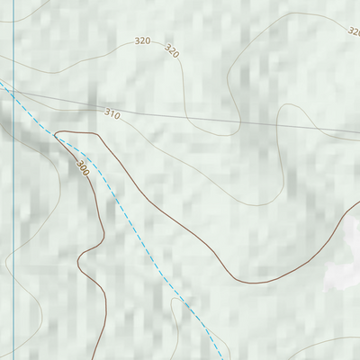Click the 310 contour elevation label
(x=112, y=113)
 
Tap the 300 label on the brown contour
(x=83, y=167)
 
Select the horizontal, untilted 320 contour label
(x=142, y=40)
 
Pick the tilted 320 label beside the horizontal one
(x=171, y=51)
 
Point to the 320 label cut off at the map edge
(x=354, y=30)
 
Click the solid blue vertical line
(x=13, y=225)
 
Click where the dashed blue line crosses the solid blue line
(x=13, y=93)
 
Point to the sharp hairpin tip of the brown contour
(x=56, y=134)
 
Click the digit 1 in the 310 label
(x=112, y=113)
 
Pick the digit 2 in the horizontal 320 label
(x=142, y=40)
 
